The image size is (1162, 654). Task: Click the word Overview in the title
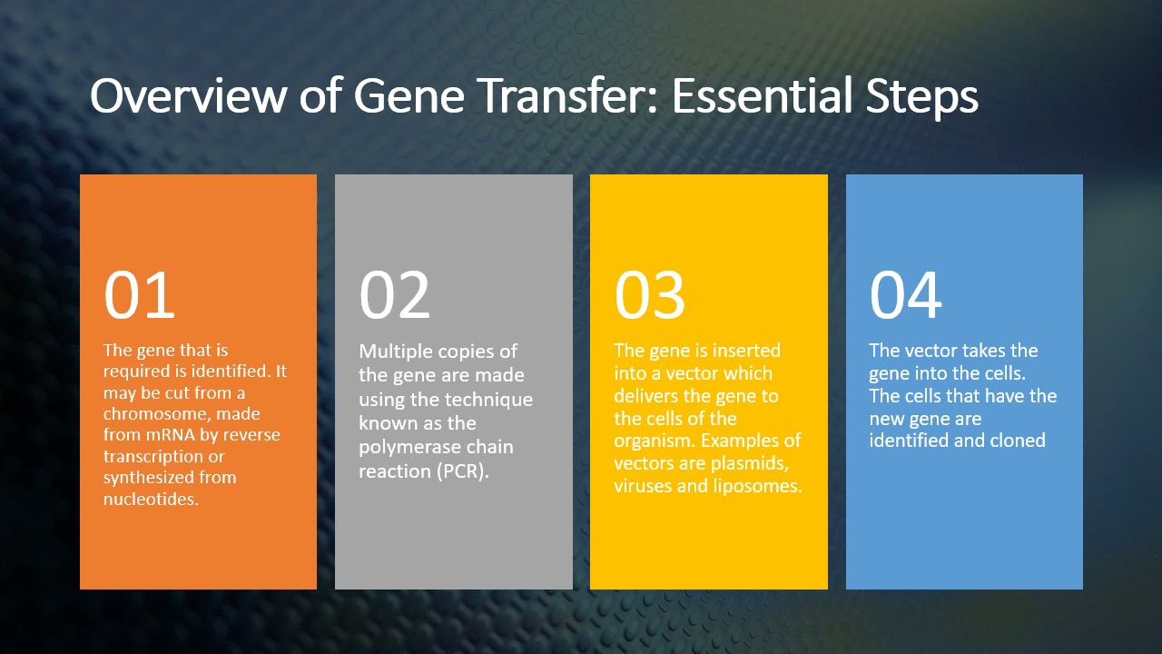coord(188,95)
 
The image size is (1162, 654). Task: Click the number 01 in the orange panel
coord(139,295)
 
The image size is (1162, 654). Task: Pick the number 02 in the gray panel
coord(394,295)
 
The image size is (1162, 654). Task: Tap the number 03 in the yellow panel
coord(649,295)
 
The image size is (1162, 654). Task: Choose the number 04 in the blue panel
coord(905,295)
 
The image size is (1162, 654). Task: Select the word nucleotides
coord(151,500)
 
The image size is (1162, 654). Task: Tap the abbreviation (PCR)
coord(462,471)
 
